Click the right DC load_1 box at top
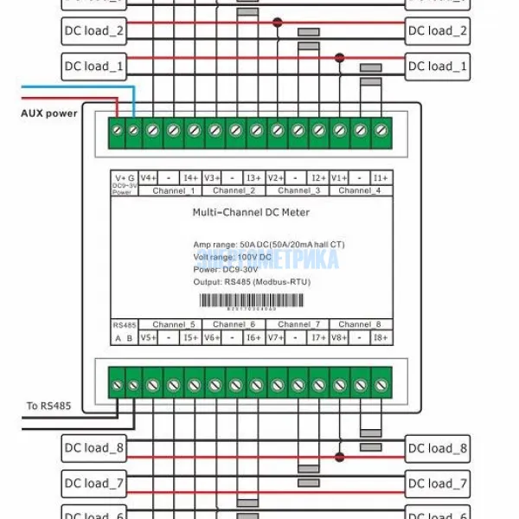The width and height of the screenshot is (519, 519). pos(438,66)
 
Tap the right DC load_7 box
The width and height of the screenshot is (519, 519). pos(438,483)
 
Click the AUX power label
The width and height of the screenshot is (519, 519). pos(49,113)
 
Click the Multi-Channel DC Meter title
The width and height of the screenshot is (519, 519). pos(250,212)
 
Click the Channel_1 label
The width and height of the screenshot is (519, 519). pos(174,189)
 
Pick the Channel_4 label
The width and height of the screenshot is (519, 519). pos(362,189)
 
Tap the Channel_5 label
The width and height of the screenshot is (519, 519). pos(174,324)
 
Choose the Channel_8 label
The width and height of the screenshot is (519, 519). pos(362,324)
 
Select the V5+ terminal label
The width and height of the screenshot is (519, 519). pos(147,337)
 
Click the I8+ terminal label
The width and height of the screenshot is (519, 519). pos(381,337)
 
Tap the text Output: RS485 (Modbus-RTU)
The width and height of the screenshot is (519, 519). pos(253,282)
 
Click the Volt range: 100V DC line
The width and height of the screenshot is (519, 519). pos(231,258)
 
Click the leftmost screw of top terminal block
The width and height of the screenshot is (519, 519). pos(115,130)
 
